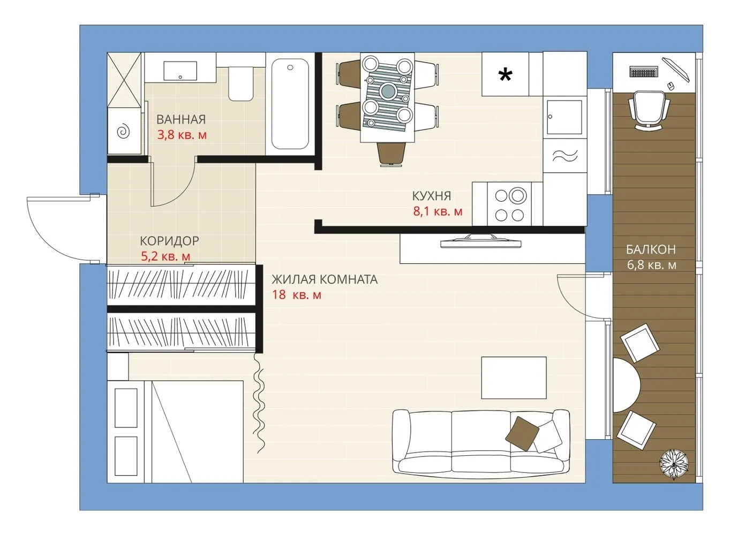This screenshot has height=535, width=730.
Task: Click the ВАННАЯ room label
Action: click(x=181, y=119)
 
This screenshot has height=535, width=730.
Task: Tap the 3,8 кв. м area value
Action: click(x=182, y=135)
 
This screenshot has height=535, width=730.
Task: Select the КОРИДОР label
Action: click(x=169, y=241)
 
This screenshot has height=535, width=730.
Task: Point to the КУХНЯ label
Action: click(x=432, y=196)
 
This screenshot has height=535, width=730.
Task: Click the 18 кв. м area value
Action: click(x=297, y=295)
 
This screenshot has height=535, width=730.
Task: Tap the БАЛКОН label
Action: click(x=651, y=249)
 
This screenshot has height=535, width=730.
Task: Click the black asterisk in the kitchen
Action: click(x=506, y=75)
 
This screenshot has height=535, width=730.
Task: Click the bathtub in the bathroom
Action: click(x=290, y=104)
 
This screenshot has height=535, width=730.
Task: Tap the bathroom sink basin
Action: click(x=180, y=71)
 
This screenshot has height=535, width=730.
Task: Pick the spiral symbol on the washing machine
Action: click(x=124, y=132)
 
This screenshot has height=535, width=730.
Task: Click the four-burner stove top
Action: click(x=509, y=204)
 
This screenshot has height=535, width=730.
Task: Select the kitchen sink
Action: click(x=565, y=117)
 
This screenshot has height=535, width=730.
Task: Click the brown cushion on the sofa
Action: click(x=522, y=433)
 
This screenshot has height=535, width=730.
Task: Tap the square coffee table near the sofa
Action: click(x=514, y=378)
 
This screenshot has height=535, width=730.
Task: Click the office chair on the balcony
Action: click(x=649, y=110)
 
